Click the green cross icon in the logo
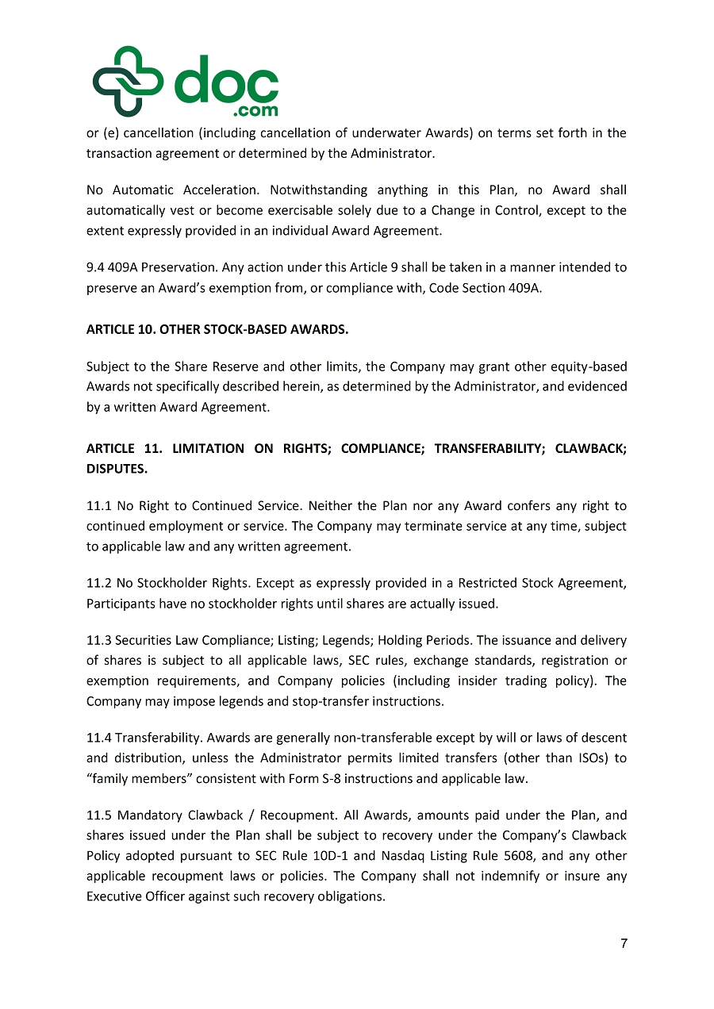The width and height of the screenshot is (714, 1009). [x=127, y=82]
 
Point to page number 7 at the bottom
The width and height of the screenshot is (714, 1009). [x=624, y=943]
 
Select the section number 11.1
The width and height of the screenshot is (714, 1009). [x=98, y=505]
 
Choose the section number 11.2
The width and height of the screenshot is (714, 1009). [x=98, y=584]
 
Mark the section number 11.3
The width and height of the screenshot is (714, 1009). [x=98, y=640]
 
